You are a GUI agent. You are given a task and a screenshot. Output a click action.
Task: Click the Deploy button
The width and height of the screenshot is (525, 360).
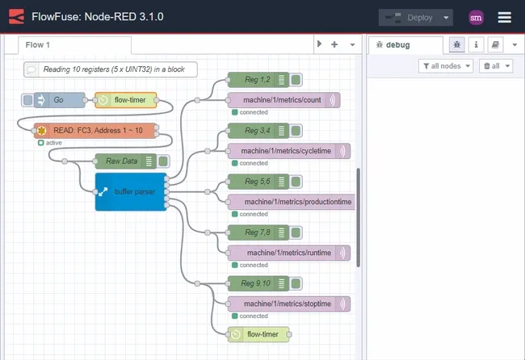coord(409,18)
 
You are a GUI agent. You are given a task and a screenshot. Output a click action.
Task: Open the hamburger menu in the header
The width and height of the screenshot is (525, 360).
coord(505,18)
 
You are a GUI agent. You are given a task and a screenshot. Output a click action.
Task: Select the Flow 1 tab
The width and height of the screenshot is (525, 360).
coord(38,45)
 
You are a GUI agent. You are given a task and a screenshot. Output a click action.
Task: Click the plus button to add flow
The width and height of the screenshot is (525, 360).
coord(334,44)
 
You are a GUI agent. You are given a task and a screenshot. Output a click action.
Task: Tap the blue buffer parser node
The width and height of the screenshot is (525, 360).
coord(131,192)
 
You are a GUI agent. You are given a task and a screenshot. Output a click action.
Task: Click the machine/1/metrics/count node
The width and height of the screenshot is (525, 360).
coord(278,100)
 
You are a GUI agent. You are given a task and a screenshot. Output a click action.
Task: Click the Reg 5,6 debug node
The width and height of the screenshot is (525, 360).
coord(254,182)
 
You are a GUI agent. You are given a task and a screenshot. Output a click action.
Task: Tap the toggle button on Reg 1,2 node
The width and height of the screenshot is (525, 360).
coord(296,79)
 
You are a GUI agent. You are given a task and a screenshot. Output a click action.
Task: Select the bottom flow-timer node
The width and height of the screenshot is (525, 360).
coord(258,333)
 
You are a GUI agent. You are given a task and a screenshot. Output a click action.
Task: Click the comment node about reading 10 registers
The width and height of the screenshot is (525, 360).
coord(110,69)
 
